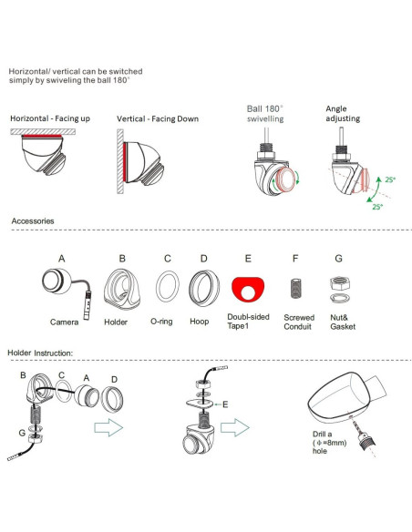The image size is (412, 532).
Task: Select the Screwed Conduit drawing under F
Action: tap(296, 289)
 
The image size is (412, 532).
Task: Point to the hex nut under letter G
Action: tap(340, 283)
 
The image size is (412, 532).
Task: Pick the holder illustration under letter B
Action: tap(122, 289)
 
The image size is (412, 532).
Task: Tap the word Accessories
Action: tap(33, 221)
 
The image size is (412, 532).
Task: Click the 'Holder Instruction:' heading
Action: tap(40, 353)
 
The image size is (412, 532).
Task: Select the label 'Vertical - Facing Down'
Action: tap(158, 118)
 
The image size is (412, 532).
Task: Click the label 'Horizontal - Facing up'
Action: tap(50, 118)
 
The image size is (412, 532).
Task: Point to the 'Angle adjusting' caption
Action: tap(343, 113)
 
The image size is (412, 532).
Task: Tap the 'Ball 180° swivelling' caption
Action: tap(265, 114)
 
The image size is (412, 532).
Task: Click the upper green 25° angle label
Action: tap(390, 179)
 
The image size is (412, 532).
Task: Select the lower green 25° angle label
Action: tap(377, 207)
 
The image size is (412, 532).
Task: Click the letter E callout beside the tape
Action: tap(225, 404)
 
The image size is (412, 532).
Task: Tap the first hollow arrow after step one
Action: tap(108, 427)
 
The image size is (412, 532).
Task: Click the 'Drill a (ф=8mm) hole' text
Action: tap(330, 443)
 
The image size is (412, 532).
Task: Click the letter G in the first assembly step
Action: tap(22, 433)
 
